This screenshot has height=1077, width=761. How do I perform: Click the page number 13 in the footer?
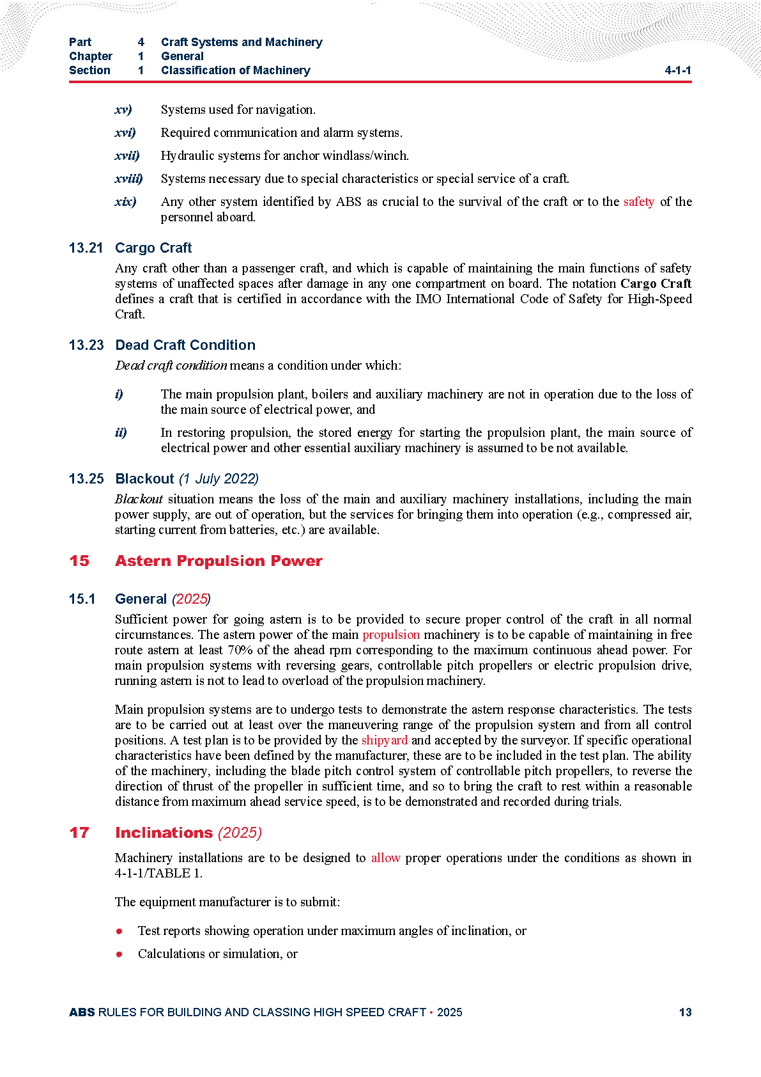coord(685,1012)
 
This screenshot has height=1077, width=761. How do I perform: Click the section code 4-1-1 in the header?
coord(677,70)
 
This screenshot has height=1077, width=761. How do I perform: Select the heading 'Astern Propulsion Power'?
coord(219,561)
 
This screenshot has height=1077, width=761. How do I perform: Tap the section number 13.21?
coord(86,248)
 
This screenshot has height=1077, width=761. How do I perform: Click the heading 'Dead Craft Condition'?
coord(185,345)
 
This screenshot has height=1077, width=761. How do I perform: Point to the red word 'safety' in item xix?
coord(638,202)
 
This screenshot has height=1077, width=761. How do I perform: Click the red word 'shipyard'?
coord(384,740)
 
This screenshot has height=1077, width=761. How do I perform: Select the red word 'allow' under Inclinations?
coord(385,858)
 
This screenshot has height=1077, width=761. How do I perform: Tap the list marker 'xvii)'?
coord(127,155)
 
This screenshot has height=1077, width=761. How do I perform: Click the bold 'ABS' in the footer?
coord(82,1012)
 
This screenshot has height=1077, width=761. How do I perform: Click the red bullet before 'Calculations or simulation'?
coord(119,954)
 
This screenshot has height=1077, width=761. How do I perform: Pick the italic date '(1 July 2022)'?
coord(219,479)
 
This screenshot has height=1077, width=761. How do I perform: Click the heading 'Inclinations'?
coord(164,833)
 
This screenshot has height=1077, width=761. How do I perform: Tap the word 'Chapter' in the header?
coord(91,56)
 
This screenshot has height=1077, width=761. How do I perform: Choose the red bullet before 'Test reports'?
coord(119,931)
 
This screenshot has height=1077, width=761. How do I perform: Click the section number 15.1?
coord(82,599)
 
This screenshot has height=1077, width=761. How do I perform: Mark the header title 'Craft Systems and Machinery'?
coord(242,42)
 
